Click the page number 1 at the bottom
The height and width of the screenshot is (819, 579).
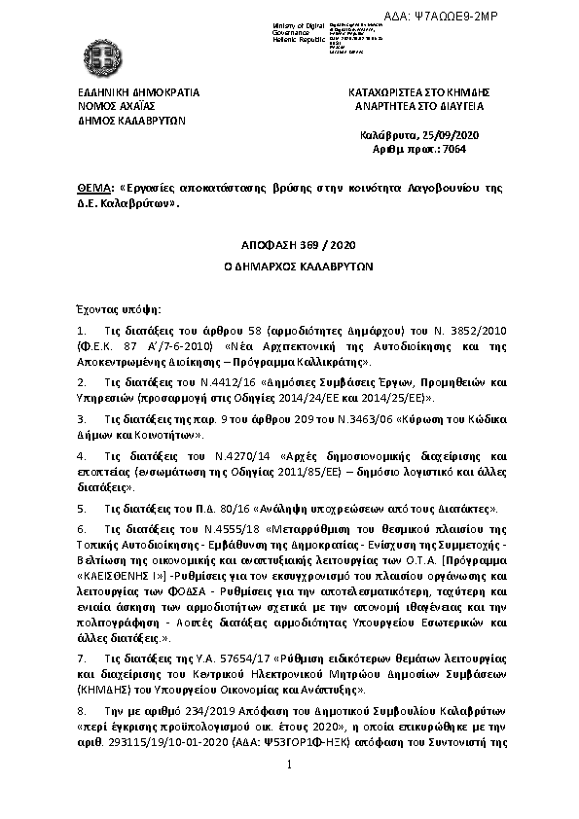tap(290, 793)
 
